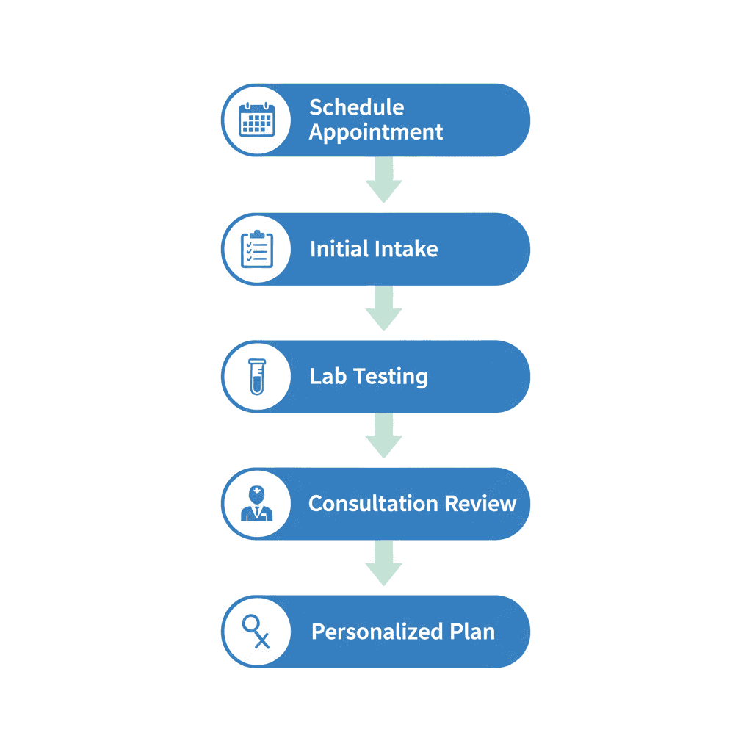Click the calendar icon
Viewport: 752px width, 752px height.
click(x=257, y=120)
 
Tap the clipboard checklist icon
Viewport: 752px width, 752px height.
click(x=257, y=249)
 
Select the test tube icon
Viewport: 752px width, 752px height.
click(x=256, y=376)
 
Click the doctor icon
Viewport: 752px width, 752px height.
click(x=256, y=504)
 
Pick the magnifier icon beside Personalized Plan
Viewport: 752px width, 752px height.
click(x=256, y=632)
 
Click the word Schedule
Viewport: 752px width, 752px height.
click(x=356, y=107)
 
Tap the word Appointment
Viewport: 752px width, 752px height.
click(x=375, y=132)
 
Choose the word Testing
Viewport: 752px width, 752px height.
click(x=390, y=377)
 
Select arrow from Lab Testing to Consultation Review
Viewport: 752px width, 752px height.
click(x=383, y=437)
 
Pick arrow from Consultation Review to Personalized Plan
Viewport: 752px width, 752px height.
click(x=383, y=565)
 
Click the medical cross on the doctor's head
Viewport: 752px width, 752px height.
click(x=256, y=491)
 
